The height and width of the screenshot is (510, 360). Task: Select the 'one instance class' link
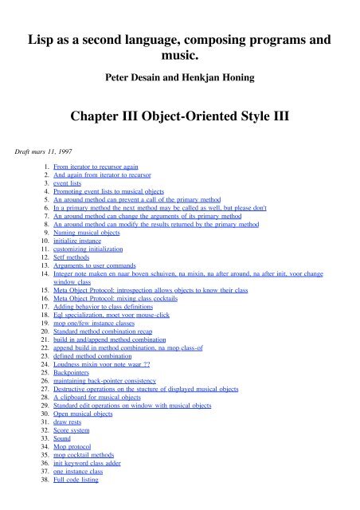point(84,492)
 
